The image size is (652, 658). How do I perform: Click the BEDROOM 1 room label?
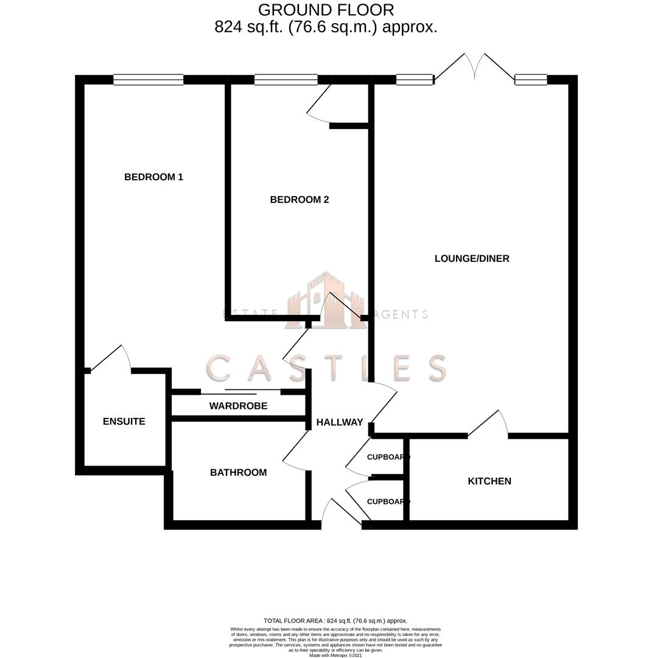[x=153, y=177]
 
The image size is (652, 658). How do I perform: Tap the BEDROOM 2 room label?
[x=300, y=200]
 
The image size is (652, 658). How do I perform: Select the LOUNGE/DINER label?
[x=472, y=258]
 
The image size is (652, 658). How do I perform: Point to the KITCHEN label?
[x=489, y=481]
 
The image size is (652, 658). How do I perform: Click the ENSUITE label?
[x=124, y=422]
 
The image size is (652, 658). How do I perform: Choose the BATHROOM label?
[x=238, y=473]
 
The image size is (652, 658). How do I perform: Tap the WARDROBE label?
[x=238, y=406]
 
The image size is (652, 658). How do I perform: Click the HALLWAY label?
[x=340, y=422]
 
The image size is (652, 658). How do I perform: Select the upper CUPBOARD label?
[x=388, y=457]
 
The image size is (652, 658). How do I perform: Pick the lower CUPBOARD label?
[x=388, y=502]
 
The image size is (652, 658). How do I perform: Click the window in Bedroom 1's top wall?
[x=149, y=80]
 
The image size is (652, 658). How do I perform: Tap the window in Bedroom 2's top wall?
[x=286, y=80]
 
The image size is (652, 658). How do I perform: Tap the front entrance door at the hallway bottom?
[x=341, y=513]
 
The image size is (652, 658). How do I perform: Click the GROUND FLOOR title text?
[x=326, y=10]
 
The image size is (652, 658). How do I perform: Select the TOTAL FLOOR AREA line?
[x=335, y=621]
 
